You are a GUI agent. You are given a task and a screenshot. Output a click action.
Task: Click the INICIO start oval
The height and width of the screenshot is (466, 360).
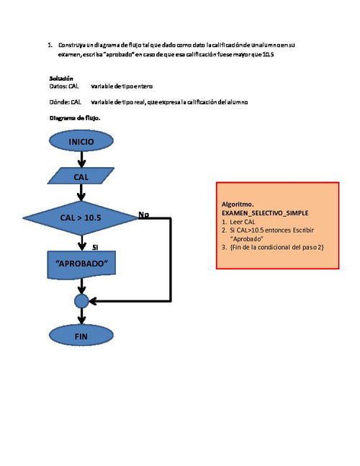(x=81, y=142)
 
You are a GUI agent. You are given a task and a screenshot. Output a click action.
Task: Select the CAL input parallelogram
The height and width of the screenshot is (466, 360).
(x=81, y=176)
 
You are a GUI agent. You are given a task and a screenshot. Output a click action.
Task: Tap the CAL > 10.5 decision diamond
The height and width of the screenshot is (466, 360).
(x=81, y=217)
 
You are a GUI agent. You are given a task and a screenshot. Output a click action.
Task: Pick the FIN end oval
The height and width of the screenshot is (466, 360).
(x=81, y=336)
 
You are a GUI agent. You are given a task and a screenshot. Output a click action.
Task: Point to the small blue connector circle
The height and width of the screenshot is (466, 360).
(x=81, y=300)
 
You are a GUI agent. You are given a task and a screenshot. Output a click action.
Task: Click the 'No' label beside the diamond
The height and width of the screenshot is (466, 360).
(x=143, y=215)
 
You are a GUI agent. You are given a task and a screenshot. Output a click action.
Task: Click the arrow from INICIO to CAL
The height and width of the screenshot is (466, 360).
(x=81, y=159)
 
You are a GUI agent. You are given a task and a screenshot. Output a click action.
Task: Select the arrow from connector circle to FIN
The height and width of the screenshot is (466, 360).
(x=81, y=315)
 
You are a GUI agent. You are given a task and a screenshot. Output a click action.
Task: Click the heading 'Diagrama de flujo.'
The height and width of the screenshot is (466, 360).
(x=75, y=117)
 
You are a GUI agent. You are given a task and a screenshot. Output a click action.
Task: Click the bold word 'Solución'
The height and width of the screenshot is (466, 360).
(x=61, y=78)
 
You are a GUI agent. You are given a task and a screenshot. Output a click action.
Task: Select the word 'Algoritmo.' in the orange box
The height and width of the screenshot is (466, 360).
(x=237, y=205)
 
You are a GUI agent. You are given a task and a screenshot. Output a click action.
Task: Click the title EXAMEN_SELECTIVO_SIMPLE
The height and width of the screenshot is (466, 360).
(x=266, y=214)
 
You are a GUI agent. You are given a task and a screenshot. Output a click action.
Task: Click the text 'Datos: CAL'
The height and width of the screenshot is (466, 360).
(x=63, y=86)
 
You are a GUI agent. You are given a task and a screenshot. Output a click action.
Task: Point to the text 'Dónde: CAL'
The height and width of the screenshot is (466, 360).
(x=65, y=102)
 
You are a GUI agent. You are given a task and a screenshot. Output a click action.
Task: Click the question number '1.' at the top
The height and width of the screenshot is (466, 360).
(x=50, y=45)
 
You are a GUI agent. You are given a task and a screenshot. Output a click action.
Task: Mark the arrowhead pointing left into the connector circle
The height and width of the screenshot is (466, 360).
(x=93, y=300)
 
